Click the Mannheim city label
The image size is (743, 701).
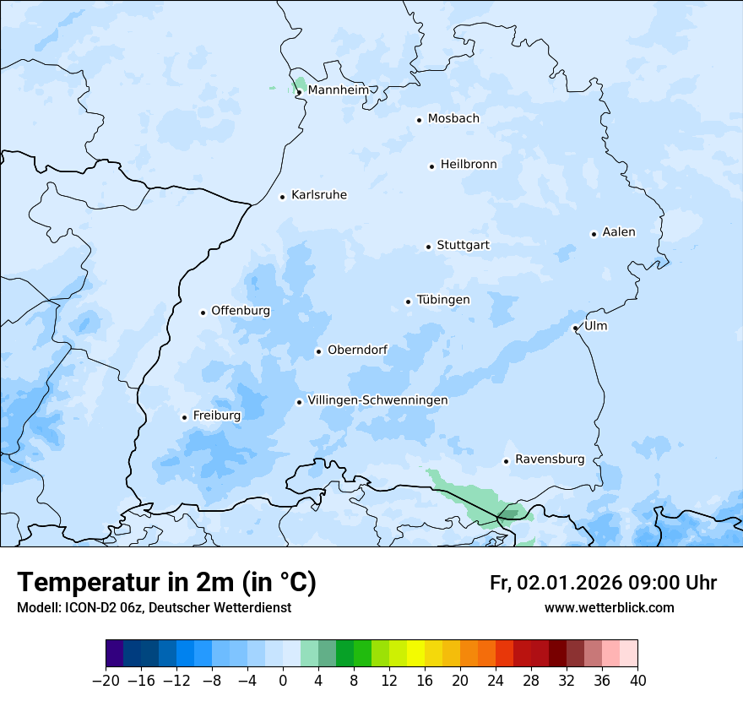338,90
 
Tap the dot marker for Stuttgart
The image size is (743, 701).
429,247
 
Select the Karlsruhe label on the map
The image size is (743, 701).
318,195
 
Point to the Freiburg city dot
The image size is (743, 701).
184,417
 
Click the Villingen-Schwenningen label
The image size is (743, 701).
377,400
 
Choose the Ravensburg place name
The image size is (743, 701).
549,459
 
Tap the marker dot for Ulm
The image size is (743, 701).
575,328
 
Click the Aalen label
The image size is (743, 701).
619,232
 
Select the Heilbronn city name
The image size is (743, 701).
469,165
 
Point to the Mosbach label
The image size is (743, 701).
453,119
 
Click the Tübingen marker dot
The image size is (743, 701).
409,302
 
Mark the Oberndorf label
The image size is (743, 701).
357,350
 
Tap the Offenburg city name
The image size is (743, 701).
241,311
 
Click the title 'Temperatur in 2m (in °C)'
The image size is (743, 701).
166,583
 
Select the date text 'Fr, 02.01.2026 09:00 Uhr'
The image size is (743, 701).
603,583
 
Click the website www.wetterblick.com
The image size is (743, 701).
609,607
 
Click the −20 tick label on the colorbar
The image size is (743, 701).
106,681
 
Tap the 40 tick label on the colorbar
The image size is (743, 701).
637,681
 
